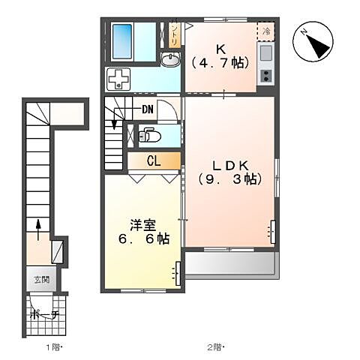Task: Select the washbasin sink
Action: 170,61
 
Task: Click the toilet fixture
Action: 151,136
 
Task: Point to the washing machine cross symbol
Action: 118,79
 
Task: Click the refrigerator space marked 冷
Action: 266,31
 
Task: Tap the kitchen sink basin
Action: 266,52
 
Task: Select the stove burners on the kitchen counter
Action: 265,75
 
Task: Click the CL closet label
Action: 153,160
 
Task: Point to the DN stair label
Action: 148,110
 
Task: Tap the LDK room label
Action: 229,164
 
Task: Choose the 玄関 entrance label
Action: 41,280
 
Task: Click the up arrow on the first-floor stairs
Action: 37,225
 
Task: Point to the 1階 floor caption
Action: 52,347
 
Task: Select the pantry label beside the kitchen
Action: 174,34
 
